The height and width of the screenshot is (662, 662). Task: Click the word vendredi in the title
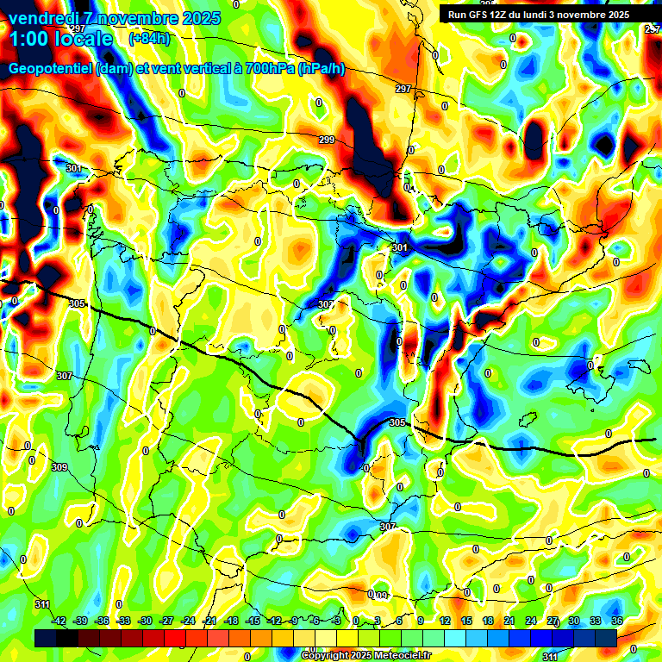43,18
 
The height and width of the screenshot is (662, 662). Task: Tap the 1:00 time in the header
33,39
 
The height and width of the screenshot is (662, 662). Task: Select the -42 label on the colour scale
59,621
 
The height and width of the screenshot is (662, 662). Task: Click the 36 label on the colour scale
617,621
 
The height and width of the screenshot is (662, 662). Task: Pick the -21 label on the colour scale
209,621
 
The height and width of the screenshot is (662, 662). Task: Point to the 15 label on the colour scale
466,621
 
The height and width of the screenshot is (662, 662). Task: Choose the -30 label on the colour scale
146,621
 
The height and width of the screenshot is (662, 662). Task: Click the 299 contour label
327,140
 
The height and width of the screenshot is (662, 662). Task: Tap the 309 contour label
59,467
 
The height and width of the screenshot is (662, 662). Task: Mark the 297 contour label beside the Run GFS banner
403,89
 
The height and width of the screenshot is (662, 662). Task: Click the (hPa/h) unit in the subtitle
321,69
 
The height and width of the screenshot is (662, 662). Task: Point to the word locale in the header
84,39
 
